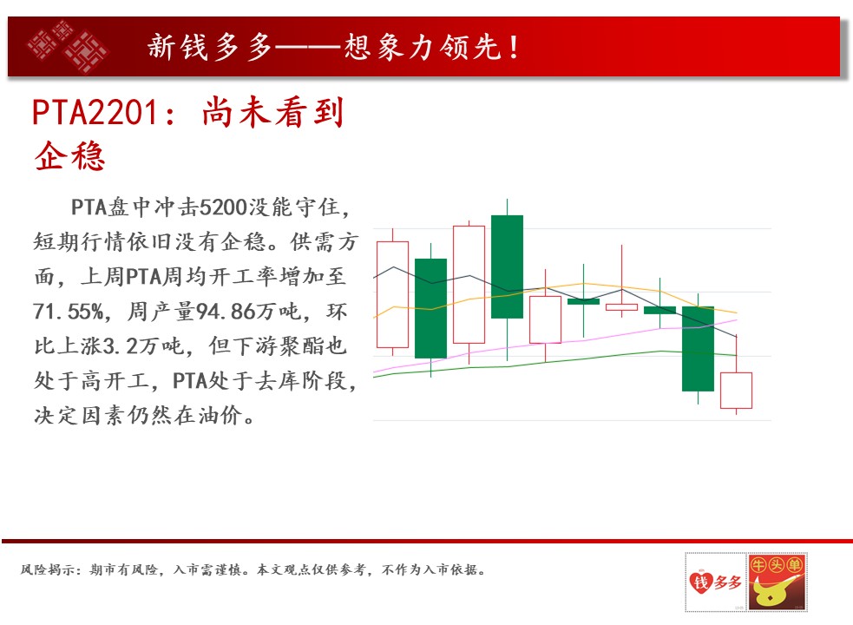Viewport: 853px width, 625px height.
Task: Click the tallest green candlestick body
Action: tap(507, 266)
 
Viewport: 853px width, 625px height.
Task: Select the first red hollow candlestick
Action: tap(392, 294)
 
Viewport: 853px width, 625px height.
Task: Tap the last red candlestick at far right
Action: tap(736, 391)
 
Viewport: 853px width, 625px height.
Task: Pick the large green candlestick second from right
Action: tap(698, 348)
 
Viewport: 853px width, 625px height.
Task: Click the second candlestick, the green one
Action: tap(431, 308)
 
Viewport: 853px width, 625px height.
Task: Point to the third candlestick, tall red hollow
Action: tap(469, 284)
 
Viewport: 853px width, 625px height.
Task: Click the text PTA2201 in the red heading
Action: tap(95, 113)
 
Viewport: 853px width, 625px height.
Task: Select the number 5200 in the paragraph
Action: tap(223, 207)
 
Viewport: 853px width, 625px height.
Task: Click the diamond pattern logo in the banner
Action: tap(67, 47)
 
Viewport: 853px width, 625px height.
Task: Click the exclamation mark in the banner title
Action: tap(514, 47)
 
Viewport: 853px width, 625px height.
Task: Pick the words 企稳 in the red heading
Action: tap(69, 156)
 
